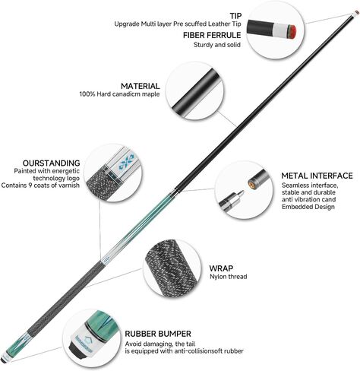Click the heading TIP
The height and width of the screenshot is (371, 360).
(235, 16)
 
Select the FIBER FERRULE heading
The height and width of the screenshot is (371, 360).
(212, 35)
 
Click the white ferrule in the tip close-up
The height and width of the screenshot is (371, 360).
(279, 32)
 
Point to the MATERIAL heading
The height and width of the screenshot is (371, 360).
(141, 86)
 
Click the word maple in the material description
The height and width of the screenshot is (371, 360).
(150, 94)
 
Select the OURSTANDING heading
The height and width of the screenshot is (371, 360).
(51, 163)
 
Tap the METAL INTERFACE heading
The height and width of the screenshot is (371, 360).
(317, 176)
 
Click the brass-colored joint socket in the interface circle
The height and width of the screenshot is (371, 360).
(251, 182)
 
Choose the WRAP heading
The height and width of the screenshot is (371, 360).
(221, 268)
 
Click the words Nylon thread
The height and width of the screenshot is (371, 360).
(228, 277)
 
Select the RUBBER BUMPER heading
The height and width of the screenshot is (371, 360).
(158, 334)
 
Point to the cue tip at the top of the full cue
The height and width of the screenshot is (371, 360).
(356, 13)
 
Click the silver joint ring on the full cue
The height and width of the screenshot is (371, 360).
(172, 192)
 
